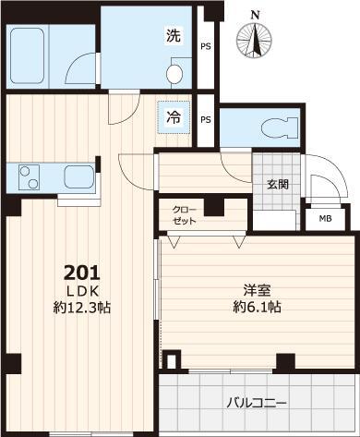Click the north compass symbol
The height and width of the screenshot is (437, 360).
256,36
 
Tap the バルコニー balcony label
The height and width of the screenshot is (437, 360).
257,404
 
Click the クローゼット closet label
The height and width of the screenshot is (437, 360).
185,214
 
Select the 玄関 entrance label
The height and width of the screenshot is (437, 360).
278,184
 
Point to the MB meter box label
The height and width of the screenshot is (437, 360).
325,219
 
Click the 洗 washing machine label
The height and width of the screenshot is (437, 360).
174,38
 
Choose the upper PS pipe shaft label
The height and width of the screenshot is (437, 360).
205,45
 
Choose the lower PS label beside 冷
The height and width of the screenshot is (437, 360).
205,119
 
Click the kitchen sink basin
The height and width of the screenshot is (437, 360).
77,175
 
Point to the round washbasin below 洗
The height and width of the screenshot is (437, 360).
174,73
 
